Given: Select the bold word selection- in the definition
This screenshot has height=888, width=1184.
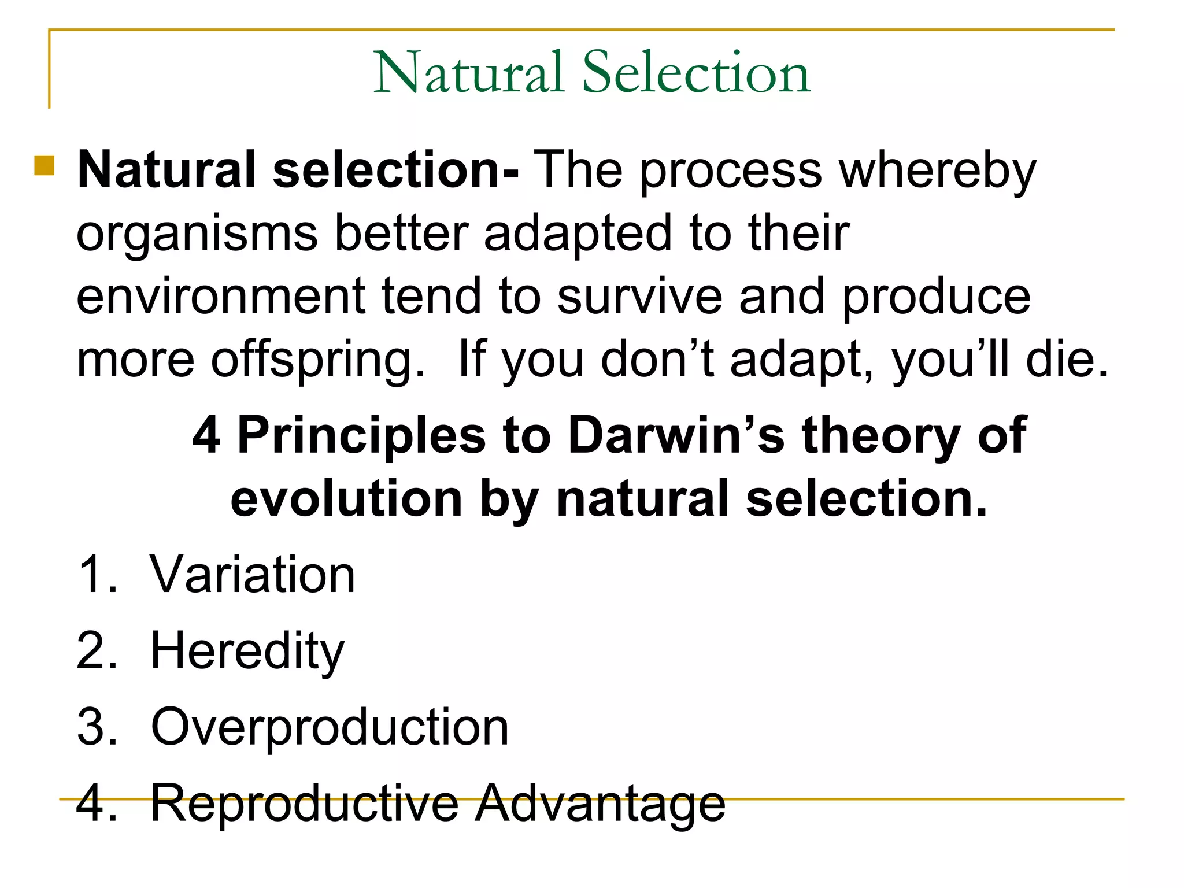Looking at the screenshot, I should pyautogui.click(x=395, y=169).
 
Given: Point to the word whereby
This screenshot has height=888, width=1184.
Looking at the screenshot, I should pyautogui.click(x=938, y=171).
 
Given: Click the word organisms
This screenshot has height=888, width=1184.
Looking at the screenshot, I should pyautogui.click(x=197, y=234).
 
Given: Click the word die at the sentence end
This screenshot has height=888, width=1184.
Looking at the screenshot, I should pyautogui.click(x=1067, y=360).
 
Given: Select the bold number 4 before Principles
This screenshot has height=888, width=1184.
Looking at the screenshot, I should pyautogui.click(x=206, y=435).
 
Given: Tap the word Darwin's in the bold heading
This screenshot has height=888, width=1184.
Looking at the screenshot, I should pyautogui.click(x=676, y=435).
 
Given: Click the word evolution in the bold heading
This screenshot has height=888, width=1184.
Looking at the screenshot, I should pyautogui.click(x=346, y=498).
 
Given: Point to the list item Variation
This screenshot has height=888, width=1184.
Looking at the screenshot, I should pyautogui.click(x=253, y=575).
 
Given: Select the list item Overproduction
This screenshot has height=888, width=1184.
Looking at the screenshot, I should pyautogui.click(x=330, y=727).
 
